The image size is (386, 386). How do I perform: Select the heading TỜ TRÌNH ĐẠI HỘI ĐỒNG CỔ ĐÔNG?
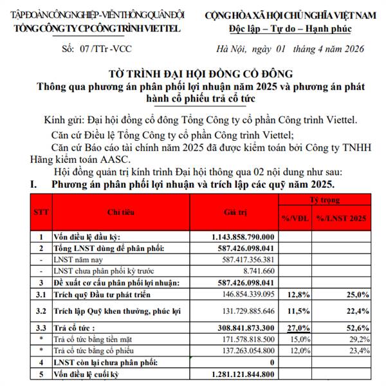193,73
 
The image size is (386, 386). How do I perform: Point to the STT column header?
41,211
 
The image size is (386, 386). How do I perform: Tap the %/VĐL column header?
295,219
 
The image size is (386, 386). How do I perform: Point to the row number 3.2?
41,311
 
